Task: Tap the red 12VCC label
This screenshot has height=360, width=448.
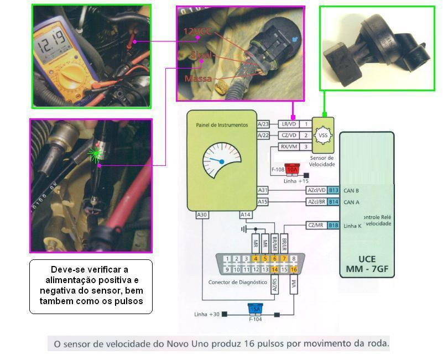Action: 199,32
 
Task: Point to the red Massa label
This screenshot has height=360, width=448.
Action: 198,79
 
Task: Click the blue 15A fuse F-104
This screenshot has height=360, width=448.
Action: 255,308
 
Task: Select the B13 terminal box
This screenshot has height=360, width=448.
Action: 334,190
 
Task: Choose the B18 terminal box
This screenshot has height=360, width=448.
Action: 334,225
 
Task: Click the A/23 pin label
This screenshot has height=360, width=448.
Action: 263,124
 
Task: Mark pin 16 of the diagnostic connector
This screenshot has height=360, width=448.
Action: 294,269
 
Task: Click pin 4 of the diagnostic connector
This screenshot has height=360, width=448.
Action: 256,258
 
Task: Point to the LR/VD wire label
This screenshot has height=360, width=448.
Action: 288,124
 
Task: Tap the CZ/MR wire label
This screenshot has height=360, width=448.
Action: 316,225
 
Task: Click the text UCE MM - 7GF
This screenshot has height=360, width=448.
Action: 367,263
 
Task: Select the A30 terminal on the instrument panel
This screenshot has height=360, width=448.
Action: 202,214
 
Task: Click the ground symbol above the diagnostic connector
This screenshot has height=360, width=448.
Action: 244,228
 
